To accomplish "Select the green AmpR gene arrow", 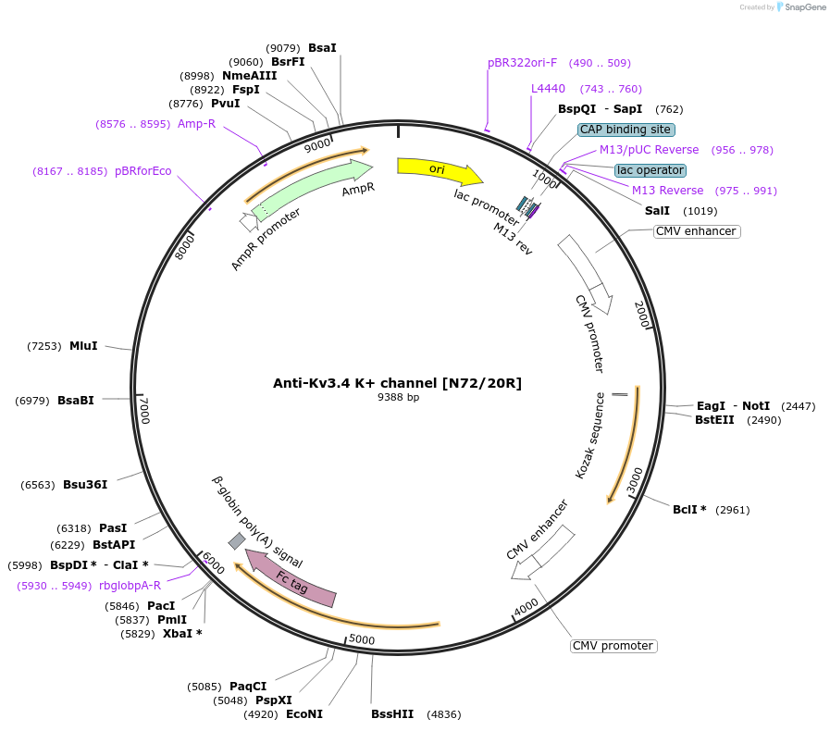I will (x=315, y=188).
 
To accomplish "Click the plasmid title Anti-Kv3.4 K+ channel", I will (x=397, y=383).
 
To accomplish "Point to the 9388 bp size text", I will (x=398, y=398).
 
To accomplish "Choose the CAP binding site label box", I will (x=626, y=130).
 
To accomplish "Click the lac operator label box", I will (x=650, y=170).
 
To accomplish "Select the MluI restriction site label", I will (x=83, y=346).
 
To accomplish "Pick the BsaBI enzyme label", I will (x=76, y=401).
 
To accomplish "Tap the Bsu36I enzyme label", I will (x=85, y=485).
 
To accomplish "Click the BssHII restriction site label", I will (x=392, y=714).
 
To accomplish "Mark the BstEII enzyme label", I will (x=714, y=420).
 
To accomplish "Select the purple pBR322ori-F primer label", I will (x=522, y=63).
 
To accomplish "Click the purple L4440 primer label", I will (x=548, y=89).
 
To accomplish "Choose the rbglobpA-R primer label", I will (x=130, y=586).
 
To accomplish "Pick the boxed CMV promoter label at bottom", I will (x=613, y=646).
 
